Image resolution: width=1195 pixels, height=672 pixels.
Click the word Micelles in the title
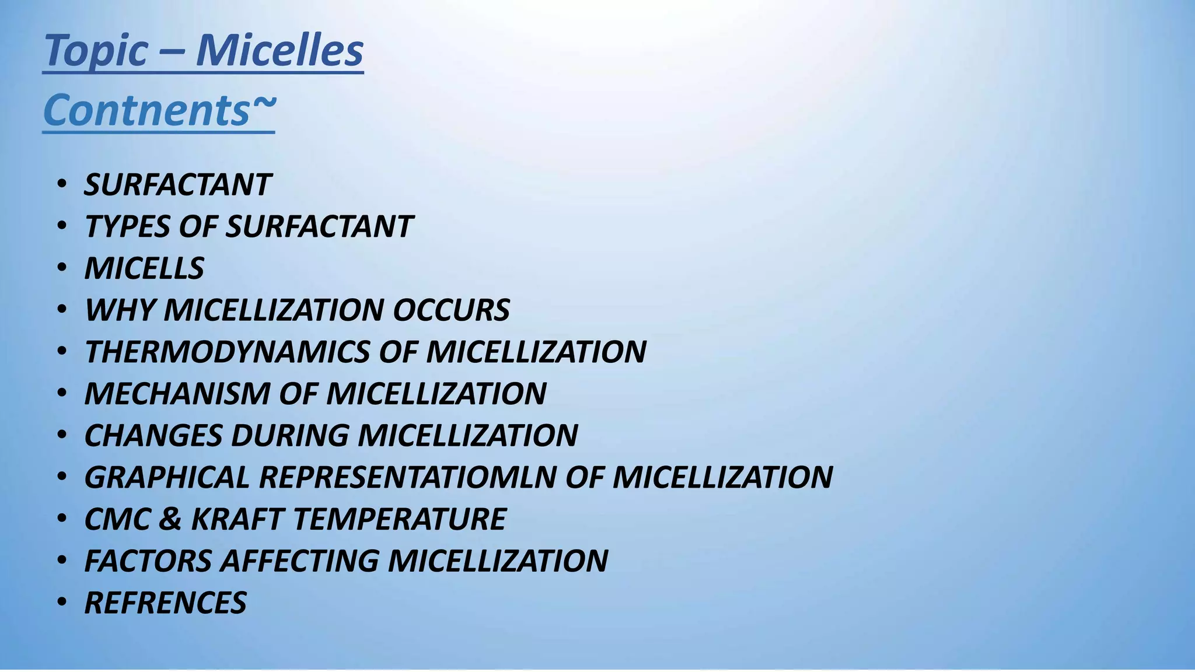pyautogui.click(x=279, y=50)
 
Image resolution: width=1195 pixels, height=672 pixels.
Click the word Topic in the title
pyautogui.click(x=96, y=51)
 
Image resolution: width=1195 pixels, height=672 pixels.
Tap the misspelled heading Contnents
pyautogui.click(x=146, y=110)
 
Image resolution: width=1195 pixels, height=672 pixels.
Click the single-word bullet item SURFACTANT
pyautogui.click(x=177, y=185)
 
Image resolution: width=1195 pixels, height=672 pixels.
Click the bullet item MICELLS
pyautogui.click(x=144, y=269)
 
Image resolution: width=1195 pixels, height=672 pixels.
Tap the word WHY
pyautogui.click(x=120, y=310)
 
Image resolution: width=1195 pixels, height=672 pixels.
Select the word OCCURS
pyautogui.click(x=451, y=310)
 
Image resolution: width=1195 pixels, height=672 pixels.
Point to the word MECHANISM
pyautogui.click(x=177, y=394)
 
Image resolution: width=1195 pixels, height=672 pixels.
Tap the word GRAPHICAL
pyautogui.click(x=167, y=478)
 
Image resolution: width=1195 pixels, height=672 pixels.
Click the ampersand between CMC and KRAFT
pyautogui.click(x=169, y=519)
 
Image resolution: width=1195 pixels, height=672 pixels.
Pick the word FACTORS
pyautogui.click(x=148, y=561)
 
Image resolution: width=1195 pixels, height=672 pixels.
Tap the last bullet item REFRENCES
pyautogui.click(x=165, y=603)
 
